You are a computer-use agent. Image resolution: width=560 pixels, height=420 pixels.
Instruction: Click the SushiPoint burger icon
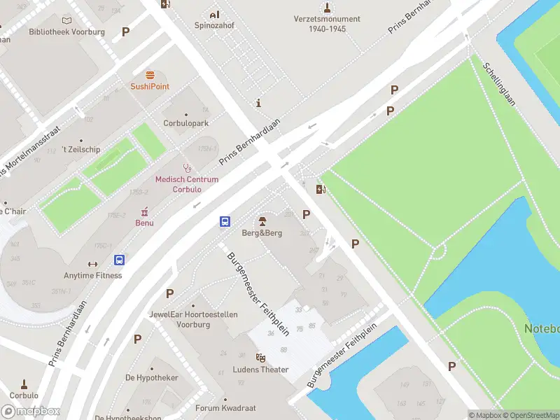pos(149,75)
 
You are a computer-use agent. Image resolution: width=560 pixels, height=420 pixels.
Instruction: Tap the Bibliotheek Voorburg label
pos(66,32)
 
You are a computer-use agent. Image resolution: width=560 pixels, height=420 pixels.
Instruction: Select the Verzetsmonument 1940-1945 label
pos(327,24)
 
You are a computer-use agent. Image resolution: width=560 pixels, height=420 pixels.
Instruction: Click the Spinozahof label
pos(214,26)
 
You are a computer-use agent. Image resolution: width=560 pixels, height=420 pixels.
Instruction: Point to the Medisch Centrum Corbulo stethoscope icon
pos(186,168)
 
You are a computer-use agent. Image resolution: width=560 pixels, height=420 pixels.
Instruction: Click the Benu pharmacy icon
pos(145,211)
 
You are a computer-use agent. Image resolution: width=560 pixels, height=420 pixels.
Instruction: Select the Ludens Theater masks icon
pos(260,358)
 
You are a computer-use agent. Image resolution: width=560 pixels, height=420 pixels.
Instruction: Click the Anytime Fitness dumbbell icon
pos(92,264)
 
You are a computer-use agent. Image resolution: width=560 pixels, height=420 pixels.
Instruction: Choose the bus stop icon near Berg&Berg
pos(225,221)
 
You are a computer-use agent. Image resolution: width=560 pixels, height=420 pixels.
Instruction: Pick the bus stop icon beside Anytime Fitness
pos(120,260)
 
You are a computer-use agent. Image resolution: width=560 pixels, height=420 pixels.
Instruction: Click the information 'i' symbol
pos(259,104)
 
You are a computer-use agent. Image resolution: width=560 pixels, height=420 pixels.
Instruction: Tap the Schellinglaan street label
pos(499,83)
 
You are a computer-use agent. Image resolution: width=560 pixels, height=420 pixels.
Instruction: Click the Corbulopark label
pos(186,122)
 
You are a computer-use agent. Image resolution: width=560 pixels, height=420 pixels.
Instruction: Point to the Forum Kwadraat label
pos(225,408)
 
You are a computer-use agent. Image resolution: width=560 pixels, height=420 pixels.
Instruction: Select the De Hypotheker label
pos(152,378)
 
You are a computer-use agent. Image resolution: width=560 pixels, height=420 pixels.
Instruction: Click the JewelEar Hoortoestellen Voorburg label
pos(193,319)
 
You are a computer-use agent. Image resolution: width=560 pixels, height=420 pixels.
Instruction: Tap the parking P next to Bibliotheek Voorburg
pos(126,31)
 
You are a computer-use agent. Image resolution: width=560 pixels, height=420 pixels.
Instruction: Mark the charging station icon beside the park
pos(321,189)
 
